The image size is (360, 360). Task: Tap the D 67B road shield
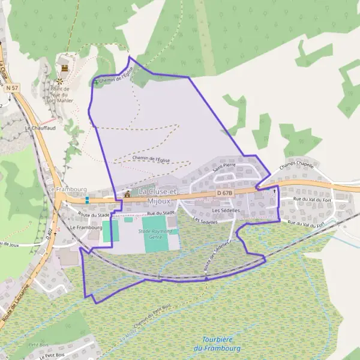[223, 193]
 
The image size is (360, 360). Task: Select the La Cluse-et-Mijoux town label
[158, 195]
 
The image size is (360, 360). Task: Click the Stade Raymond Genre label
[155, 233]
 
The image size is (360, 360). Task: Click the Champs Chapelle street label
[297, 170]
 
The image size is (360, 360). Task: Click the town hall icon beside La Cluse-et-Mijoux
[127, 193]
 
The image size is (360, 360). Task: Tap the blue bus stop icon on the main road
[87, 199]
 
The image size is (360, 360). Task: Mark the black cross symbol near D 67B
[275, 191]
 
